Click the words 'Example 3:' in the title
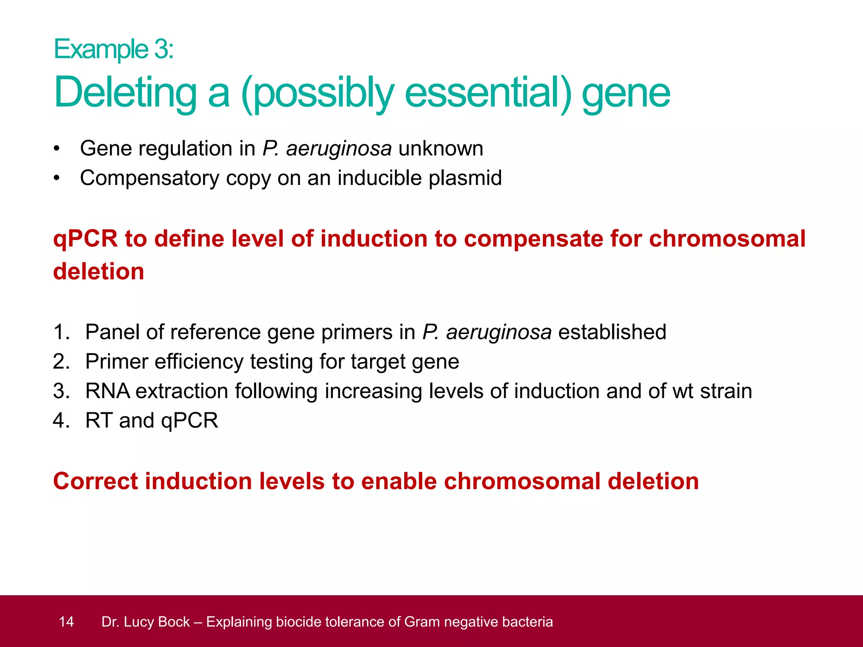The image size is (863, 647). [113, 49]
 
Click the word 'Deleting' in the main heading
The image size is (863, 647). [125, 93]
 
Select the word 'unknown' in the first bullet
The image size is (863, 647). [440, 149]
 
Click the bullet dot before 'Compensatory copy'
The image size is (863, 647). [57, 178]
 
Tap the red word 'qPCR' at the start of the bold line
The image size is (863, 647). [85, 239]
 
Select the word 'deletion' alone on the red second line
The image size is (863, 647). [99, 272]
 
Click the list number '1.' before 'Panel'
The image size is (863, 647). [61, 332]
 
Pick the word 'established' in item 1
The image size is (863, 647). [612, 332]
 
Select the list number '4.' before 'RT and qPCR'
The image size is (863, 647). [61, 420]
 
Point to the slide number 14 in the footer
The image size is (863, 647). [66, 622]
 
